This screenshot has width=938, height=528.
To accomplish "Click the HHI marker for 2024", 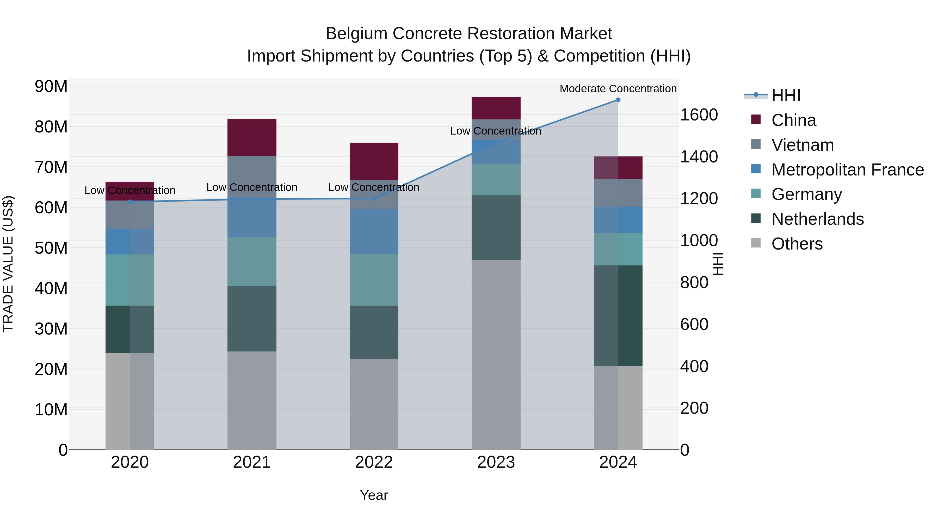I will coord(618,100).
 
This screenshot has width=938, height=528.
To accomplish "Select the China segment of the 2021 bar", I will coord(252,137).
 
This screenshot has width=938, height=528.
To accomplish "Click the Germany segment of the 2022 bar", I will coord(374,280).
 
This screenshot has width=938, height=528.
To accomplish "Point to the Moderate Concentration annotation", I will coord(618,89).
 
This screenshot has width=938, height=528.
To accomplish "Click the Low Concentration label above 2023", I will coord(496,131).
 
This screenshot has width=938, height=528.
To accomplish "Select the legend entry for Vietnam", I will coord(802,145).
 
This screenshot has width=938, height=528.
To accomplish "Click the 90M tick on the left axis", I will coord(51,87).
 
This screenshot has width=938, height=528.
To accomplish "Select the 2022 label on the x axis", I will coord(374,462).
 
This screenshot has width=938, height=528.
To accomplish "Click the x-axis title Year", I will coord(374,495).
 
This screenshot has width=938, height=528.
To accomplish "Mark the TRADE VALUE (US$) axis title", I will coord(8,264).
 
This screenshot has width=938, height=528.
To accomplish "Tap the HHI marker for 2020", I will coord(130,202).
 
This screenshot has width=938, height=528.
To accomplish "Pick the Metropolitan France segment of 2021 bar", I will coord(252,219).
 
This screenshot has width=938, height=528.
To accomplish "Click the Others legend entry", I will coord(797,244).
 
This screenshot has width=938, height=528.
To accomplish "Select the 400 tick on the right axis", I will coord(694,366).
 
